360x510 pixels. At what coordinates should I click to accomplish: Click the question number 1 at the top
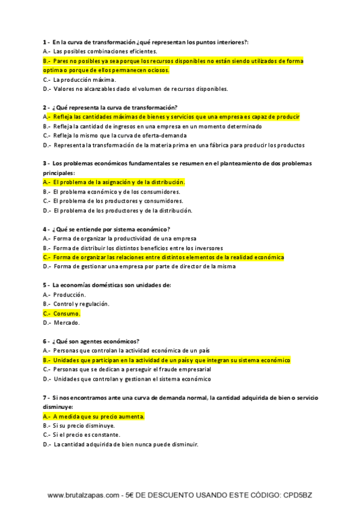coord(46,42)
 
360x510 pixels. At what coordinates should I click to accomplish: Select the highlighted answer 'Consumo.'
coord(66,313)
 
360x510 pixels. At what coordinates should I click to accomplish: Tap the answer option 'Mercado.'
coord(66,322)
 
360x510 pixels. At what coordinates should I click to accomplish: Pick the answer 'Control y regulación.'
coord(81,304)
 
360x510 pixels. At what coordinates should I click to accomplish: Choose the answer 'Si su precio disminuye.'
coord(84,425)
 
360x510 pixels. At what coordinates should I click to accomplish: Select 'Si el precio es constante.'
coord(87,435)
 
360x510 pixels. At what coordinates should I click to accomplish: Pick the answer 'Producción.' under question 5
coord(69,295)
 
